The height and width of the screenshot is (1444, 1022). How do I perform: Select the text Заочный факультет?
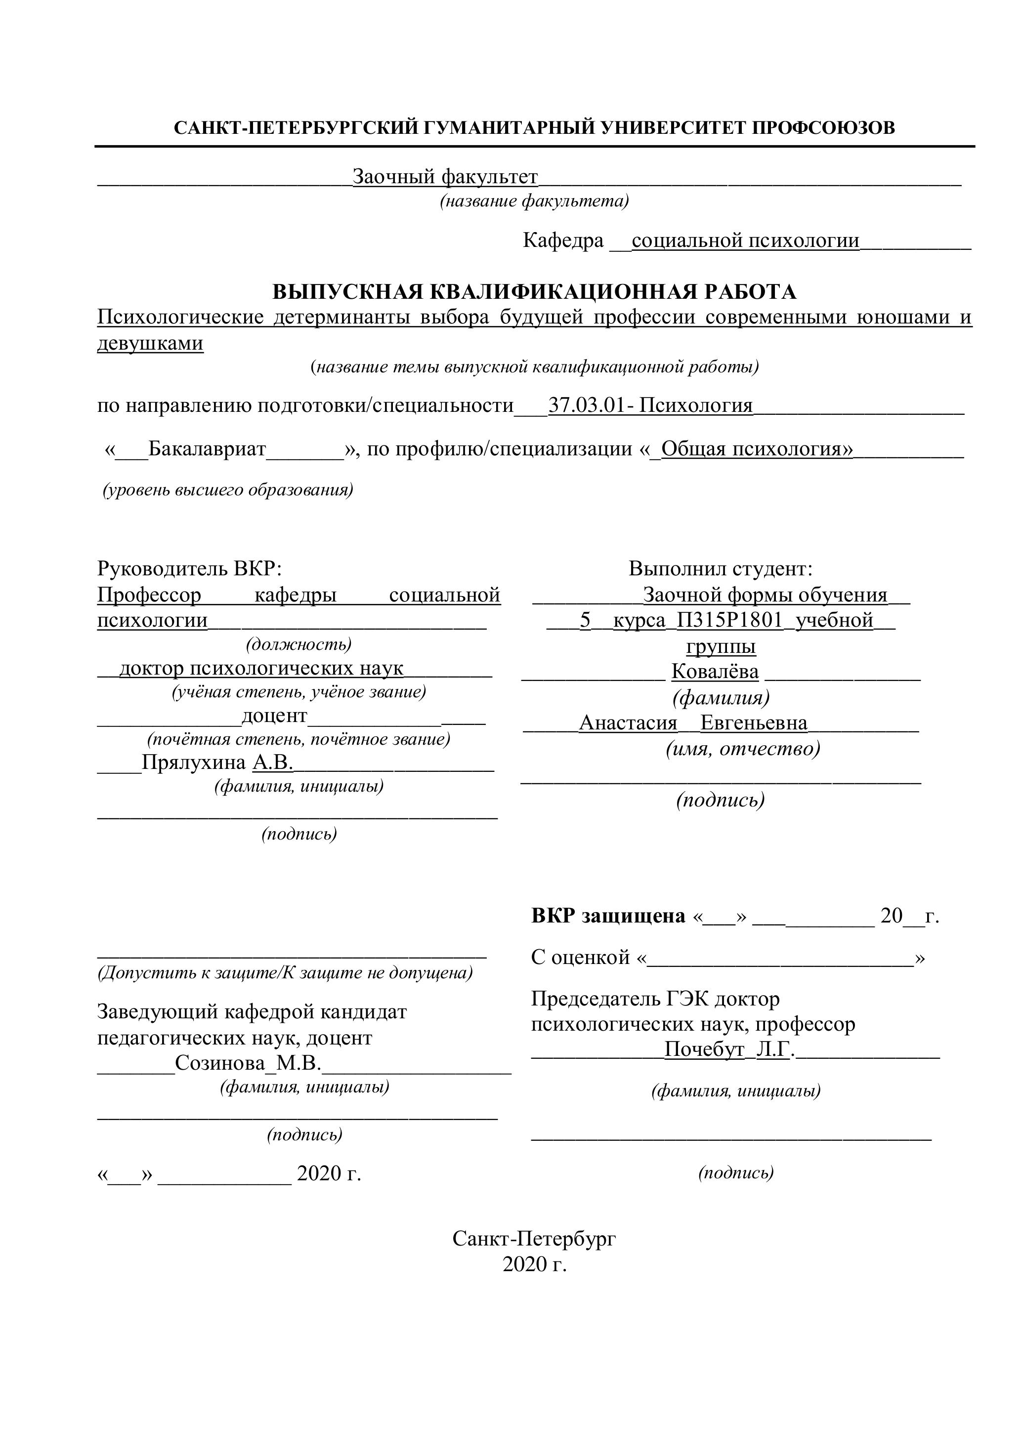445,177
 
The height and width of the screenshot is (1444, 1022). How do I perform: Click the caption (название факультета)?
534,201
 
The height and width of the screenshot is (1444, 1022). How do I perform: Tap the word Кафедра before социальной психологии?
562,240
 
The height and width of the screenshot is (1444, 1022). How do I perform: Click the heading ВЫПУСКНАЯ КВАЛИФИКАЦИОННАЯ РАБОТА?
534,292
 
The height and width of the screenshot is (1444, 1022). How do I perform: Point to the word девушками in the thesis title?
150,343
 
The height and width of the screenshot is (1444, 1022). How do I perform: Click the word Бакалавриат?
207,449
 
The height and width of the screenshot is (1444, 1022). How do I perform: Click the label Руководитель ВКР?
189,569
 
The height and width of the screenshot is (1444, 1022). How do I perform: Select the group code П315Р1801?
729,621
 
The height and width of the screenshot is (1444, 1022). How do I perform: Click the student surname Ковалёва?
715,672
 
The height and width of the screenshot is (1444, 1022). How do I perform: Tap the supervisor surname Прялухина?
194,763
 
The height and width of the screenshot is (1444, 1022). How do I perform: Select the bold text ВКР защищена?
608,916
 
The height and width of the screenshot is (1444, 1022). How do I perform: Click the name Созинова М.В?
249,1064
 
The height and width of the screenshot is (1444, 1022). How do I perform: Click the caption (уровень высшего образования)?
228,490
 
